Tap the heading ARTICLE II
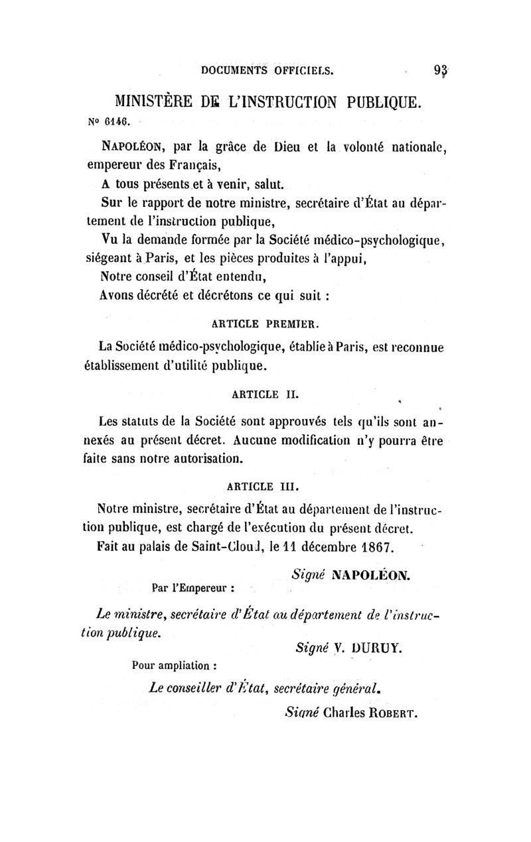pos(265,396)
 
